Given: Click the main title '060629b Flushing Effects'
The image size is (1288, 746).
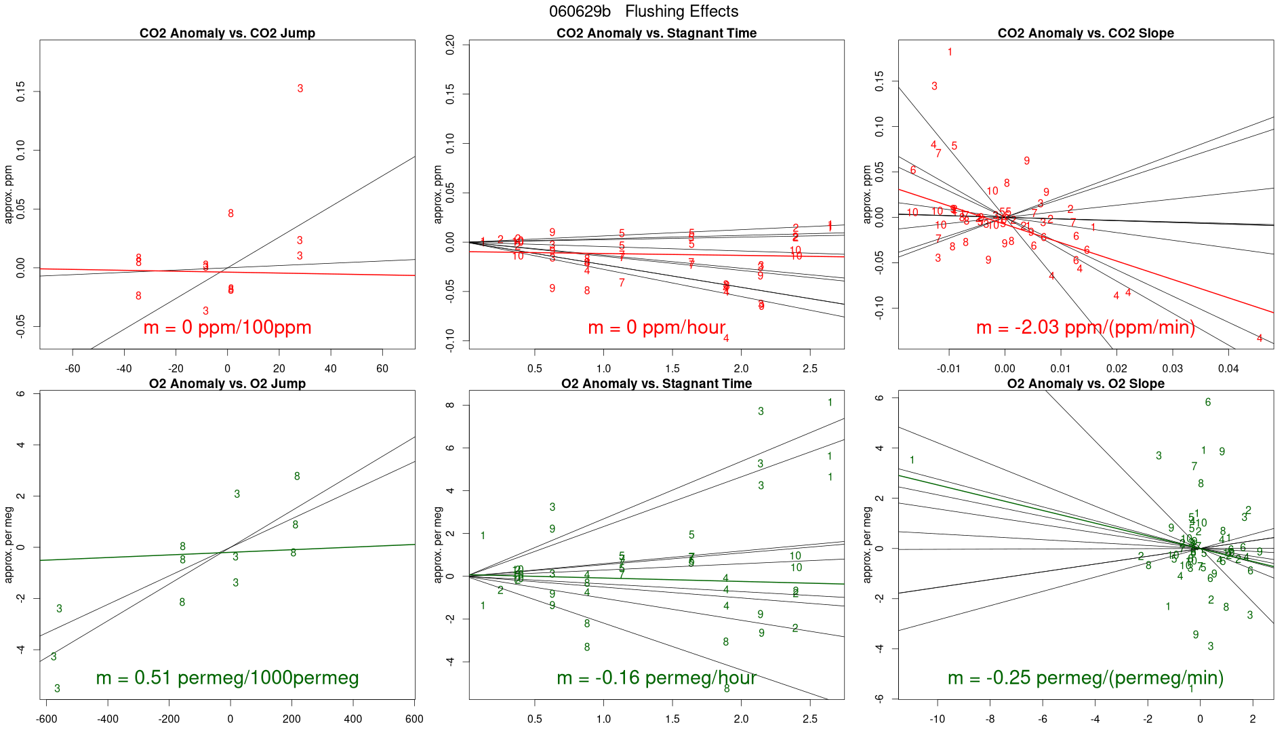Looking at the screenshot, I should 643,12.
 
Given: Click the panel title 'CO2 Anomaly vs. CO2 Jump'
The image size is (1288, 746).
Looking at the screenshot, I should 227,33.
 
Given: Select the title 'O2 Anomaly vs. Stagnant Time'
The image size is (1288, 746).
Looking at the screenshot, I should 656,384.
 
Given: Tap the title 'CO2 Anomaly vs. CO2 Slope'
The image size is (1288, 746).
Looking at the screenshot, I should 1085,33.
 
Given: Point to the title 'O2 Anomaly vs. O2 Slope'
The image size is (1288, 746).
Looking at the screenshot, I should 1085,384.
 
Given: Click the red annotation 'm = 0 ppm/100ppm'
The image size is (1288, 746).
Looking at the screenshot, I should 227,328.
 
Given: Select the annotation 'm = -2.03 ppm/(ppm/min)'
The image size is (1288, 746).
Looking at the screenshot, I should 1085,328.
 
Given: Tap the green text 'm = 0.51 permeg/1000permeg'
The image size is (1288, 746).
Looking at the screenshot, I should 227,678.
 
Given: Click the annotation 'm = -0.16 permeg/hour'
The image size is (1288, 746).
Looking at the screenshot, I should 656,678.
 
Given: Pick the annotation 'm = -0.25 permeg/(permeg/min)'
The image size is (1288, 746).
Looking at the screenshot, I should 1085,678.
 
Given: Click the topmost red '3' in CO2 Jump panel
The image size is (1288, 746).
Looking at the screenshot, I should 300,89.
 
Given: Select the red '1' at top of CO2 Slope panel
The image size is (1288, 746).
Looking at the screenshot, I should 950,52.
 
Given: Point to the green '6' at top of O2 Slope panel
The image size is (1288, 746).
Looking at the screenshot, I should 1208,403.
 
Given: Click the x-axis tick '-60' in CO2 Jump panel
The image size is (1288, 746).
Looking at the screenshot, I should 73,369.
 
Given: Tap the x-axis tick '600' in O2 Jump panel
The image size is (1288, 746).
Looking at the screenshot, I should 414,719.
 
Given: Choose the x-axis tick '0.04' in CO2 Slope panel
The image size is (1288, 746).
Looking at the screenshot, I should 1228,369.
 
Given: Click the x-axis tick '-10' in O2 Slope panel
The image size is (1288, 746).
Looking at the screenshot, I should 938,719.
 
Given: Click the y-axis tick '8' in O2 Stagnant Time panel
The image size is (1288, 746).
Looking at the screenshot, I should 448,406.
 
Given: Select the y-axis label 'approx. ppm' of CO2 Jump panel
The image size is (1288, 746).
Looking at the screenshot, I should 9,195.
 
